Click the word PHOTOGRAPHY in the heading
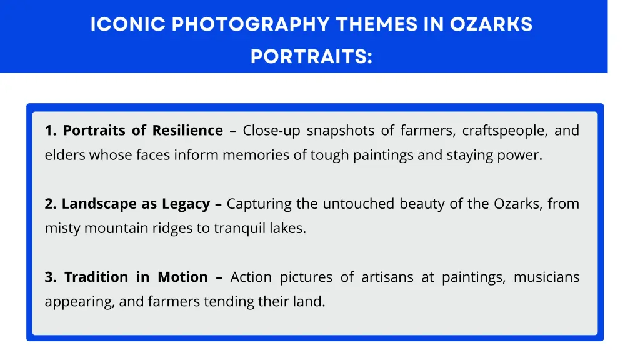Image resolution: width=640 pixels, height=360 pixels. [250, 24]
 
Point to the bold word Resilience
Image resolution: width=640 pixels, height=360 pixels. [187, 131]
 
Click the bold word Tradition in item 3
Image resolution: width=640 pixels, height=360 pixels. [96, 277]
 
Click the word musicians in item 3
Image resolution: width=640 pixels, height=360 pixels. [546, 277]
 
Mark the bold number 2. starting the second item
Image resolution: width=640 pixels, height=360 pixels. [51, 204]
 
